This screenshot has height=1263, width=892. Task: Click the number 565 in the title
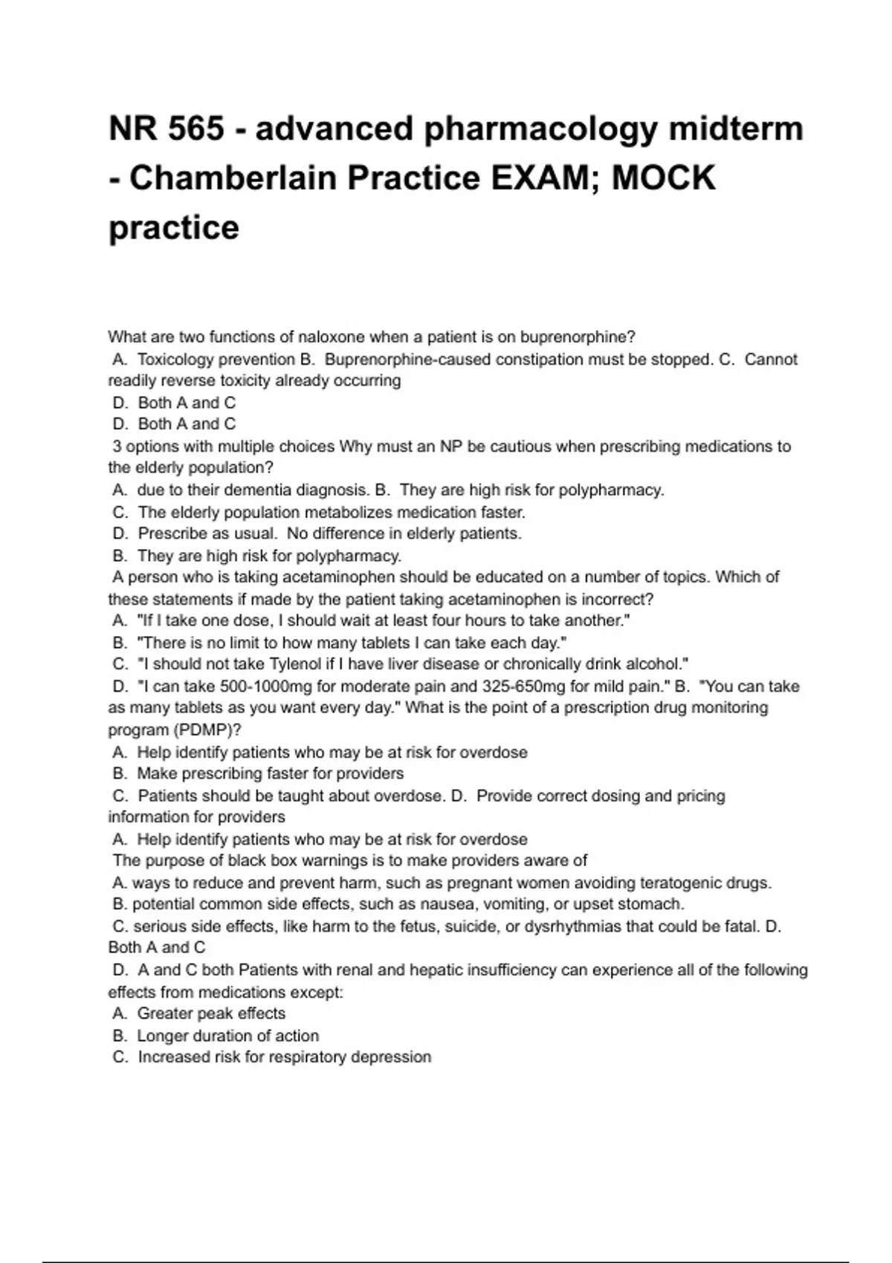[x=196, y=129]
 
